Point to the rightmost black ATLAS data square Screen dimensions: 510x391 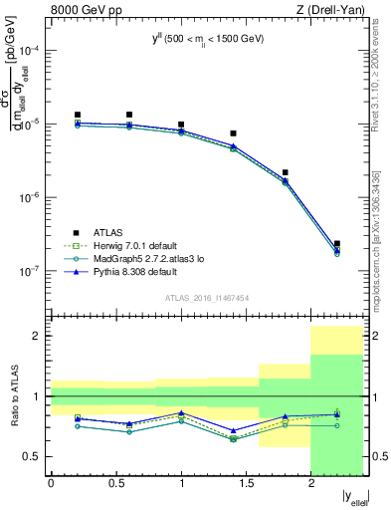(337, 243)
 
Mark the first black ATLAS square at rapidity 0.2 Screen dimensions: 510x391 (78, 116)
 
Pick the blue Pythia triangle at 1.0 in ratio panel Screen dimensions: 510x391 (181, 412)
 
